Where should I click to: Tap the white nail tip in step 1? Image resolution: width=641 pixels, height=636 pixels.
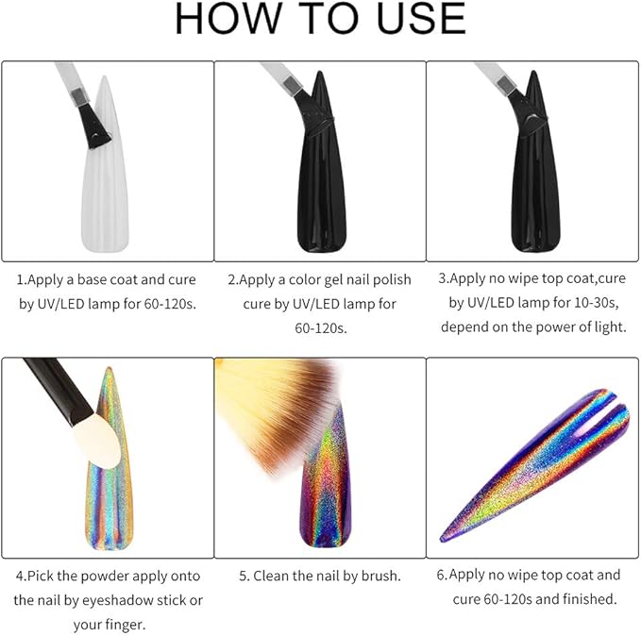pos(106,172)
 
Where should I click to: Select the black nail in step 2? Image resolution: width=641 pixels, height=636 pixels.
pos(321,172)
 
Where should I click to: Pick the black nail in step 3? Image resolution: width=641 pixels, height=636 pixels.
pos(534,172)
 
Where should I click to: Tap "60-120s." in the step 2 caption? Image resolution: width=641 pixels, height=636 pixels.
pos(321,328)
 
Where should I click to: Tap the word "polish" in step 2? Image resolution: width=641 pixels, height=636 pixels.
pos(392,280)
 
